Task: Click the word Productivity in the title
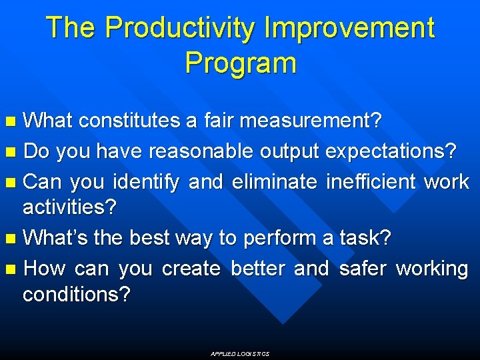[180, 29]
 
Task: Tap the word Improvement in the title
[349, 29]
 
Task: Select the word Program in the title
[240, 63]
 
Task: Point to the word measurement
[311, 121]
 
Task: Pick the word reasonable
[200, 151]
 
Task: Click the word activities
[69, 207]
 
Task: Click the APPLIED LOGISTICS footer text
[240, 354]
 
